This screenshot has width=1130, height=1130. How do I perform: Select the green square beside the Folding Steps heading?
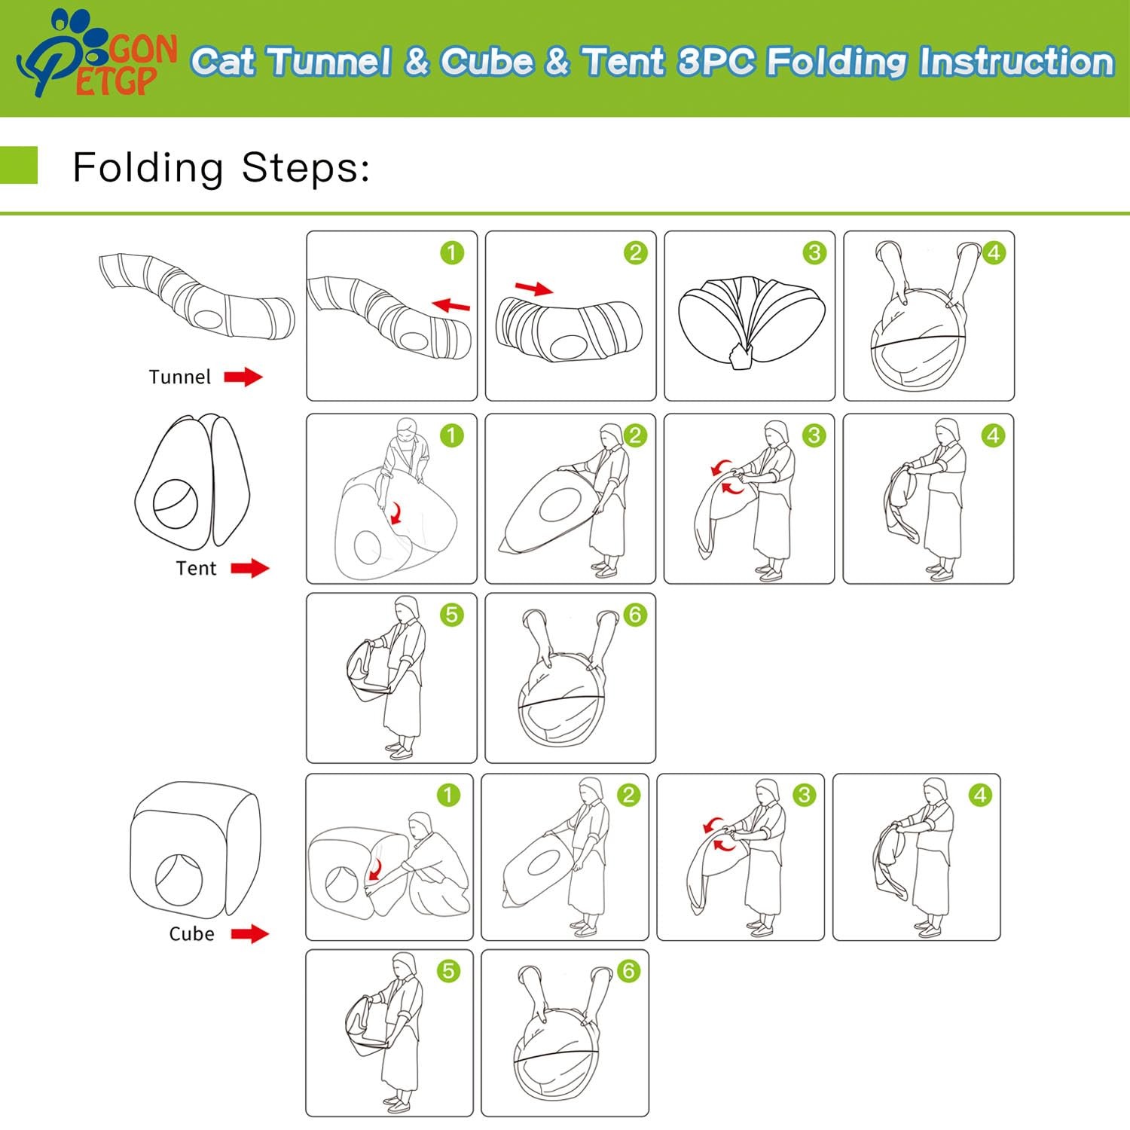point(18,165)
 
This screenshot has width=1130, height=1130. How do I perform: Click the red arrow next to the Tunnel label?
point(243,376)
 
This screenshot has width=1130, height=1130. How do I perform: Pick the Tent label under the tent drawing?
point(196,568)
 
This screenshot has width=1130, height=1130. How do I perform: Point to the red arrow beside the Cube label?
point(250,934)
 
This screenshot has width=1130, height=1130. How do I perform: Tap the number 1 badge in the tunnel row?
point(452,252)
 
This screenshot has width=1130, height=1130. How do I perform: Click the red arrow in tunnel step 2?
point(534,289)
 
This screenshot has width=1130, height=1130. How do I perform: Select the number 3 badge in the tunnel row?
point(814,252)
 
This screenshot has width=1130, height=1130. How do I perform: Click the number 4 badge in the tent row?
point(993,435)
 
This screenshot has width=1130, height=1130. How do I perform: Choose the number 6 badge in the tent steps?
point(635,615)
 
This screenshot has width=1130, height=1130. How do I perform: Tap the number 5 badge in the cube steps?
point(449,971)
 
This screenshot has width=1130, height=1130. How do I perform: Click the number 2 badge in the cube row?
point(628,795)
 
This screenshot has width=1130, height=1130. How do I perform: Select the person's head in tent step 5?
point(407,609)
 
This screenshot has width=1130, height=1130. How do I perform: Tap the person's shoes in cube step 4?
point(928,929)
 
